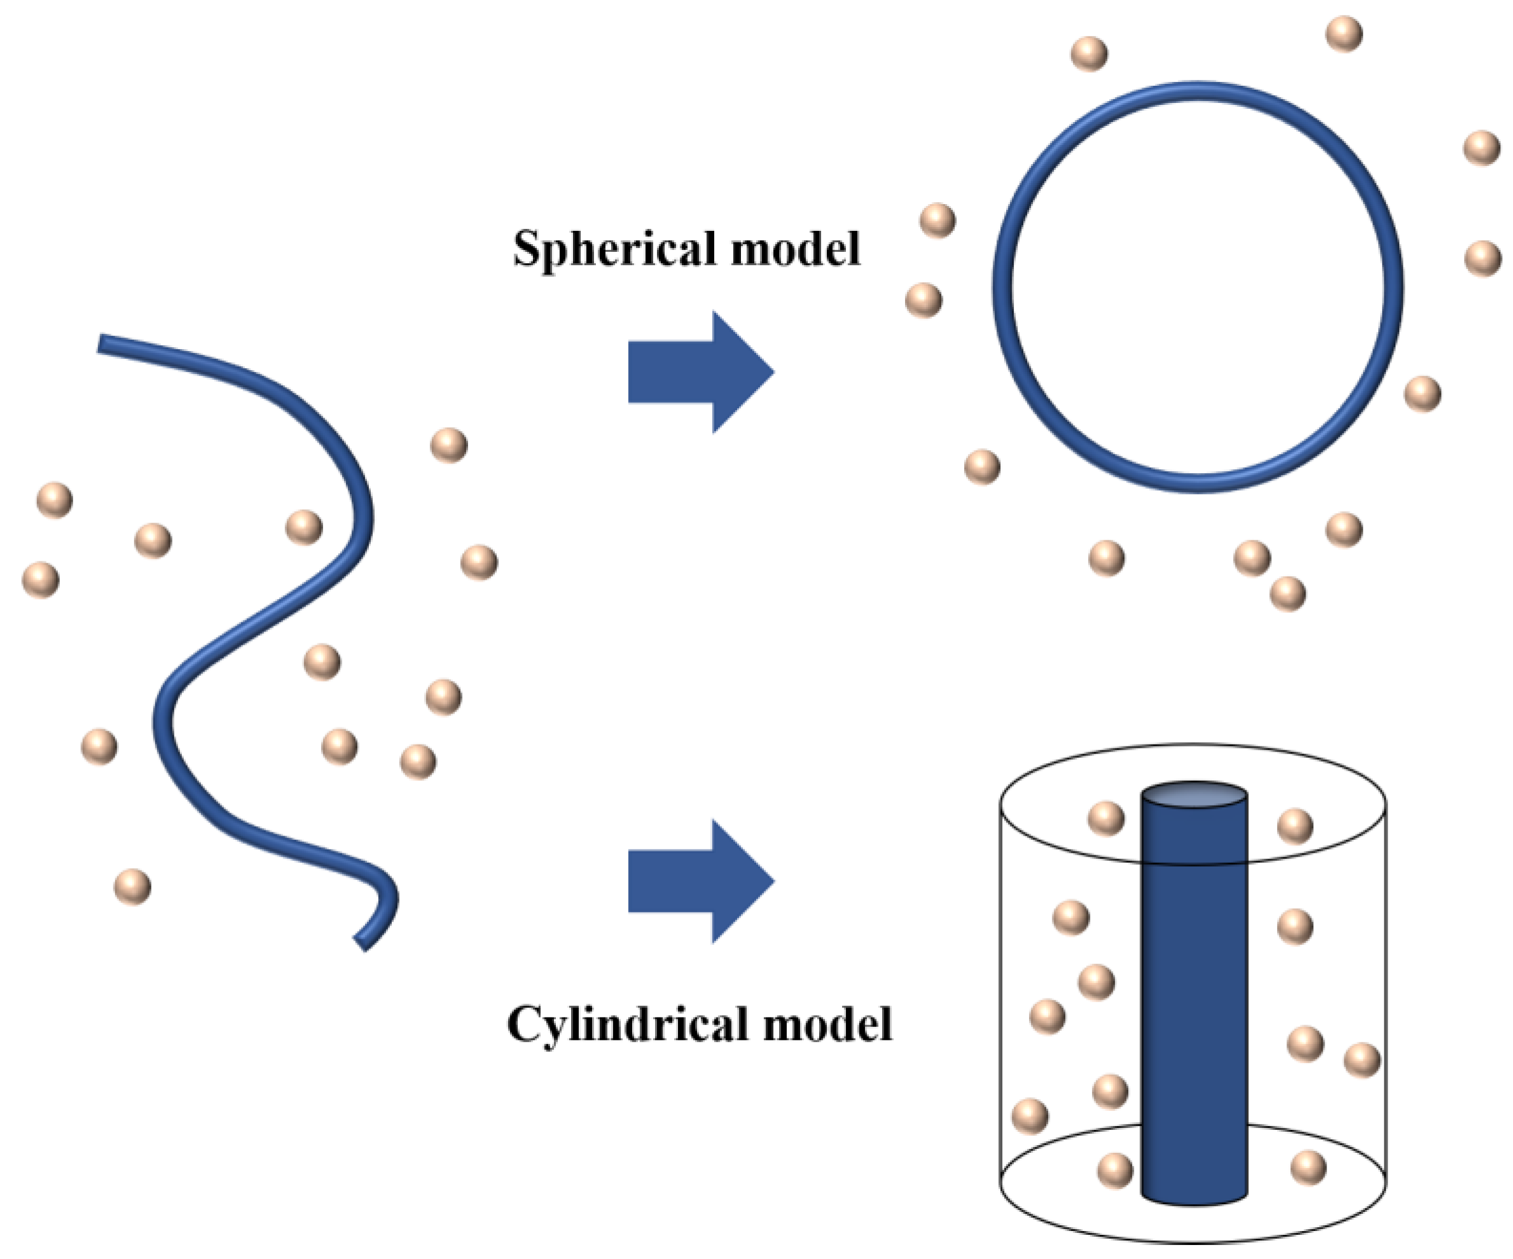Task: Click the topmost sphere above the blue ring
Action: pos(1344,34)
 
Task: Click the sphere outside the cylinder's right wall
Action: pos(1362,1059)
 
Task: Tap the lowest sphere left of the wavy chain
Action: pos(132,886)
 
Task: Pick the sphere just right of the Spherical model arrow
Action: pos(923,299)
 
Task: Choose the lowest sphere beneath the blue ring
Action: pos(1287,593)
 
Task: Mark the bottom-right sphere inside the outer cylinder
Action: pos(1308,1167)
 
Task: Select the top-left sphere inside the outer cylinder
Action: pos(1106,818)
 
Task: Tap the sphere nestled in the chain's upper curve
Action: pos(303,526)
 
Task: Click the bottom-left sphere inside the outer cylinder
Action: pos(1115,1170)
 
